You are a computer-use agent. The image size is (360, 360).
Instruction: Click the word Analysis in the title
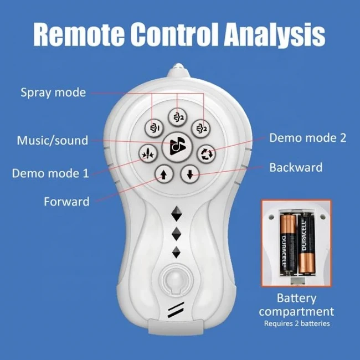pos(275,35)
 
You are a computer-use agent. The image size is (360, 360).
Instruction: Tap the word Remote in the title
pos(79,34)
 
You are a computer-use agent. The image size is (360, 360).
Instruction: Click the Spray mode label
pos(53,92)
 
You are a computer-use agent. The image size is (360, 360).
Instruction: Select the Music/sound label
pos(53,140)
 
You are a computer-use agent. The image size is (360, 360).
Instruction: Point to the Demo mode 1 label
pos(50,173)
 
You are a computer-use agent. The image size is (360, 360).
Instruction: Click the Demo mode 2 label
pos(307,138)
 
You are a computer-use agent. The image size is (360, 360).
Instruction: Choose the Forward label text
pos(66,202)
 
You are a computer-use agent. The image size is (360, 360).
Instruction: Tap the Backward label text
pos(296,167)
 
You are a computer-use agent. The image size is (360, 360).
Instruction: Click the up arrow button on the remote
pos(164,174)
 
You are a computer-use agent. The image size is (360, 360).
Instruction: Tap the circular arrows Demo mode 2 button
pos(207,154)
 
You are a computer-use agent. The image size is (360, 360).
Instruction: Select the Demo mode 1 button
pos(148,153)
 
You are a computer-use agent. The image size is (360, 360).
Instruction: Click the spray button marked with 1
pos(154,128)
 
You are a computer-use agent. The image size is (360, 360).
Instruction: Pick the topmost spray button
pos(177,117)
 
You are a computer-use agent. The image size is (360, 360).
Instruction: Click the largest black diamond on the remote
pos(177,214)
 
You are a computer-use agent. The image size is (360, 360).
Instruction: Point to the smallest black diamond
pos(176,253)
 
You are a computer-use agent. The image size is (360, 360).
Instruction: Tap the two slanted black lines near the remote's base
pos(176,310)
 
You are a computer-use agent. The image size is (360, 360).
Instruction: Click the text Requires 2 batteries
pos(297,323)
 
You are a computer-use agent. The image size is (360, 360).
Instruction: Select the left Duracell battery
pos(287,244)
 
